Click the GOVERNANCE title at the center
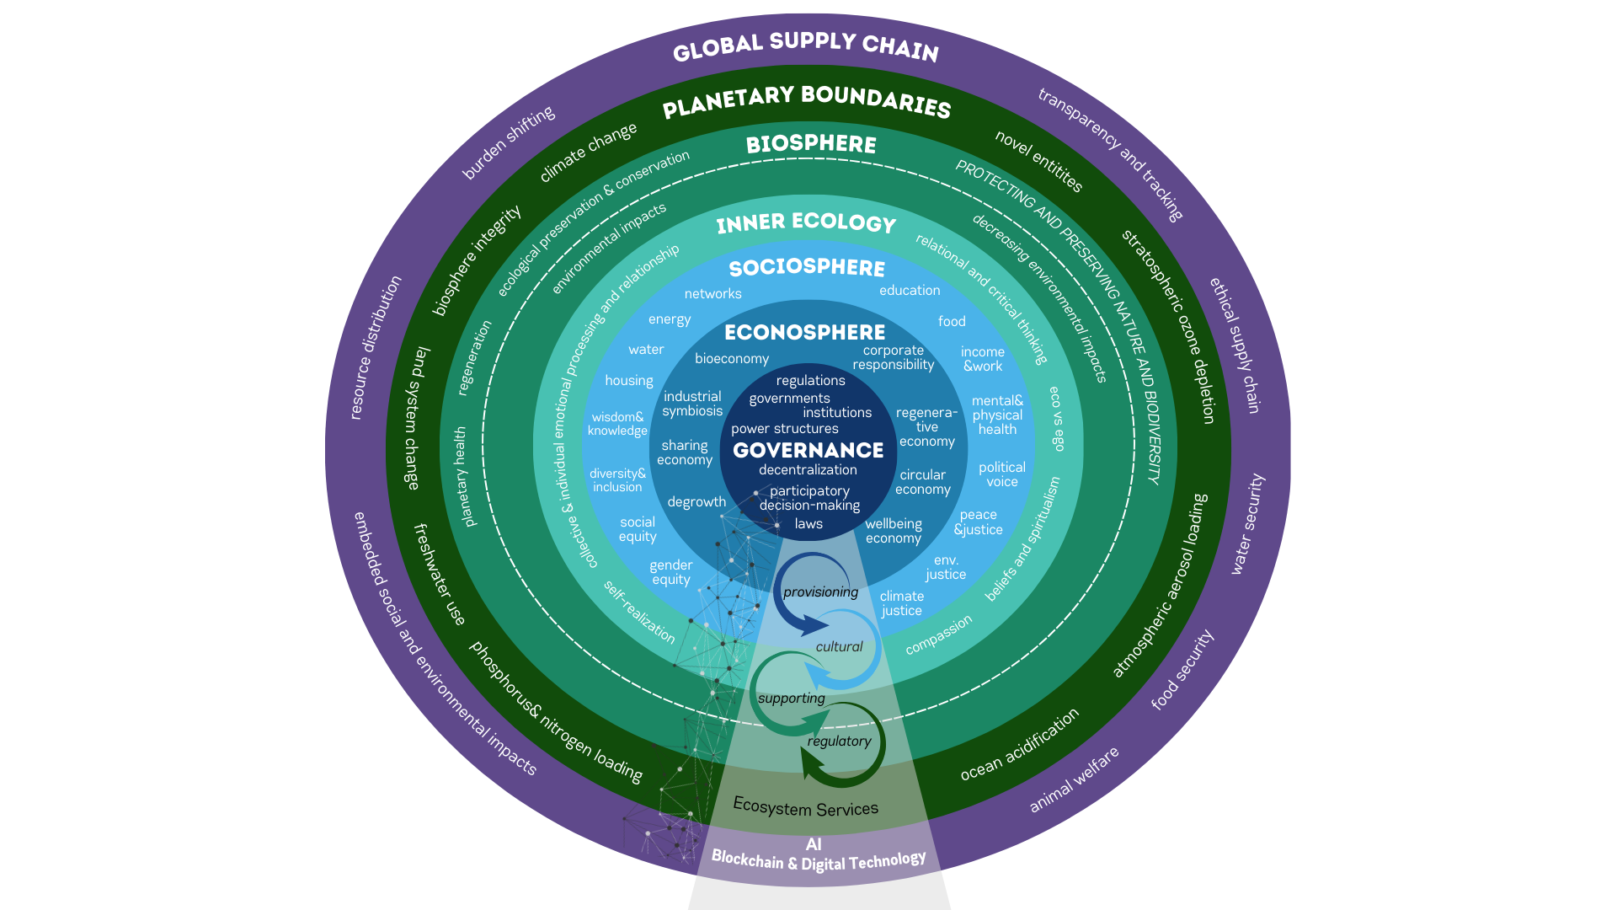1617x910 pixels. pos(808,450)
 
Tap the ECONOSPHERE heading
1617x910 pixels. pos(804,332)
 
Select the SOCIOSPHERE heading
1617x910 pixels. pos(807,268)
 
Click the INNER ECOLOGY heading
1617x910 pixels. pos(806,222)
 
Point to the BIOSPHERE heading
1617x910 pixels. pos(811,144)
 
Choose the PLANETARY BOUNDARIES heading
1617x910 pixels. pos(806,101)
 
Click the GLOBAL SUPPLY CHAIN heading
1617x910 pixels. pos(805,45)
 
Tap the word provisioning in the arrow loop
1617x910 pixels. pos(820,591)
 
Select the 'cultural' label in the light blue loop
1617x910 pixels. pos(839,646)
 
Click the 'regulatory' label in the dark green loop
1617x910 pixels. pos(839,741)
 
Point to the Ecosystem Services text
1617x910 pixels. pos(805,807)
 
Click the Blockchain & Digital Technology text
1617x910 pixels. pos(818,861)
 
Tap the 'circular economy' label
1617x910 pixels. pos(922,482)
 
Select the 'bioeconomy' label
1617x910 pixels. pos(731,358)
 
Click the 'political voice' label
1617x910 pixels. pos(1001,474)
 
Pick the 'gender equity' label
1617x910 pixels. pos(670,572)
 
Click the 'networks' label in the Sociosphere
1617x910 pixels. pos(712,293)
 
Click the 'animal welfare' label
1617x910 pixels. pos(1074,779)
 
